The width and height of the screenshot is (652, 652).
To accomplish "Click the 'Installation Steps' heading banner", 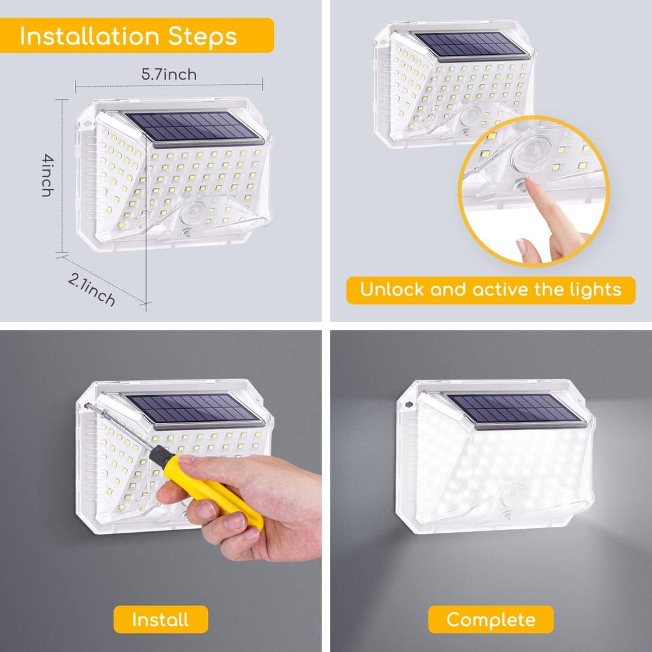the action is click(136, 35).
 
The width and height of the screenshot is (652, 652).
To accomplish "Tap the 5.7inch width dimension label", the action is click(169, 74).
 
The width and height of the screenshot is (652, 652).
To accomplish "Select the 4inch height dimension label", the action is click(48, 175).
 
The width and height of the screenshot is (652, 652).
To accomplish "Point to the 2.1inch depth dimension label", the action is click(91, 290).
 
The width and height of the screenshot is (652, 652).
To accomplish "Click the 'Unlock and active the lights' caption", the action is click(491, 290).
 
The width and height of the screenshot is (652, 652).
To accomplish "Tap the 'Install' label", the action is click(160, 619).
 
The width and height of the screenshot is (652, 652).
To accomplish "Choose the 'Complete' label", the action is click(491, 619).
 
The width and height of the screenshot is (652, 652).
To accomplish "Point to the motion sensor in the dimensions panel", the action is click(192, 212).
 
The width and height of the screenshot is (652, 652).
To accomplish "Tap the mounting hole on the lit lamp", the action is click(409, 404).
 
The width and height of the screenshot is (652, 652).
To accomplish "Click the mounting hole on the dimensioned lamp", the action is click(87, 124).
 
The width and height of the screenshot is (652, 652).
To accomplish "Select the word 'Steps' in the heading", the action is click(203, 37).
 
